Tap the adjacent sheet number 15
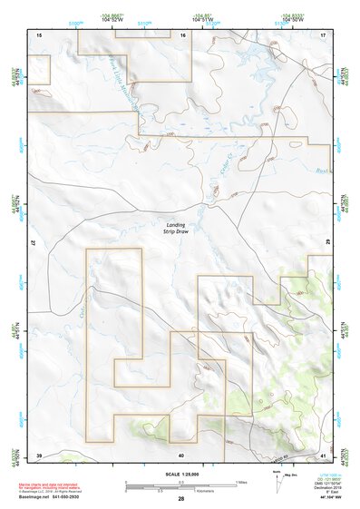click(x=38, y=34)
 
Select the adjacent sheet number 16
click(x=182, y=34)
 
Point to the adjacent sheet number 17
click(x=323, y=34)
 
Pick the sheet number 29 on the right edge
click(x=326, y=244)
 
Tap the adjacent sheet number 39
click(x=38, y=454)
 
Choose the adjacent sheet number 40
click(x=181, y=454)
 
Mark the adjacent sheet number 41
click(x=323, y=454)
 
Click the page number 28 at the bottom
click(x=181, y=499)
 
